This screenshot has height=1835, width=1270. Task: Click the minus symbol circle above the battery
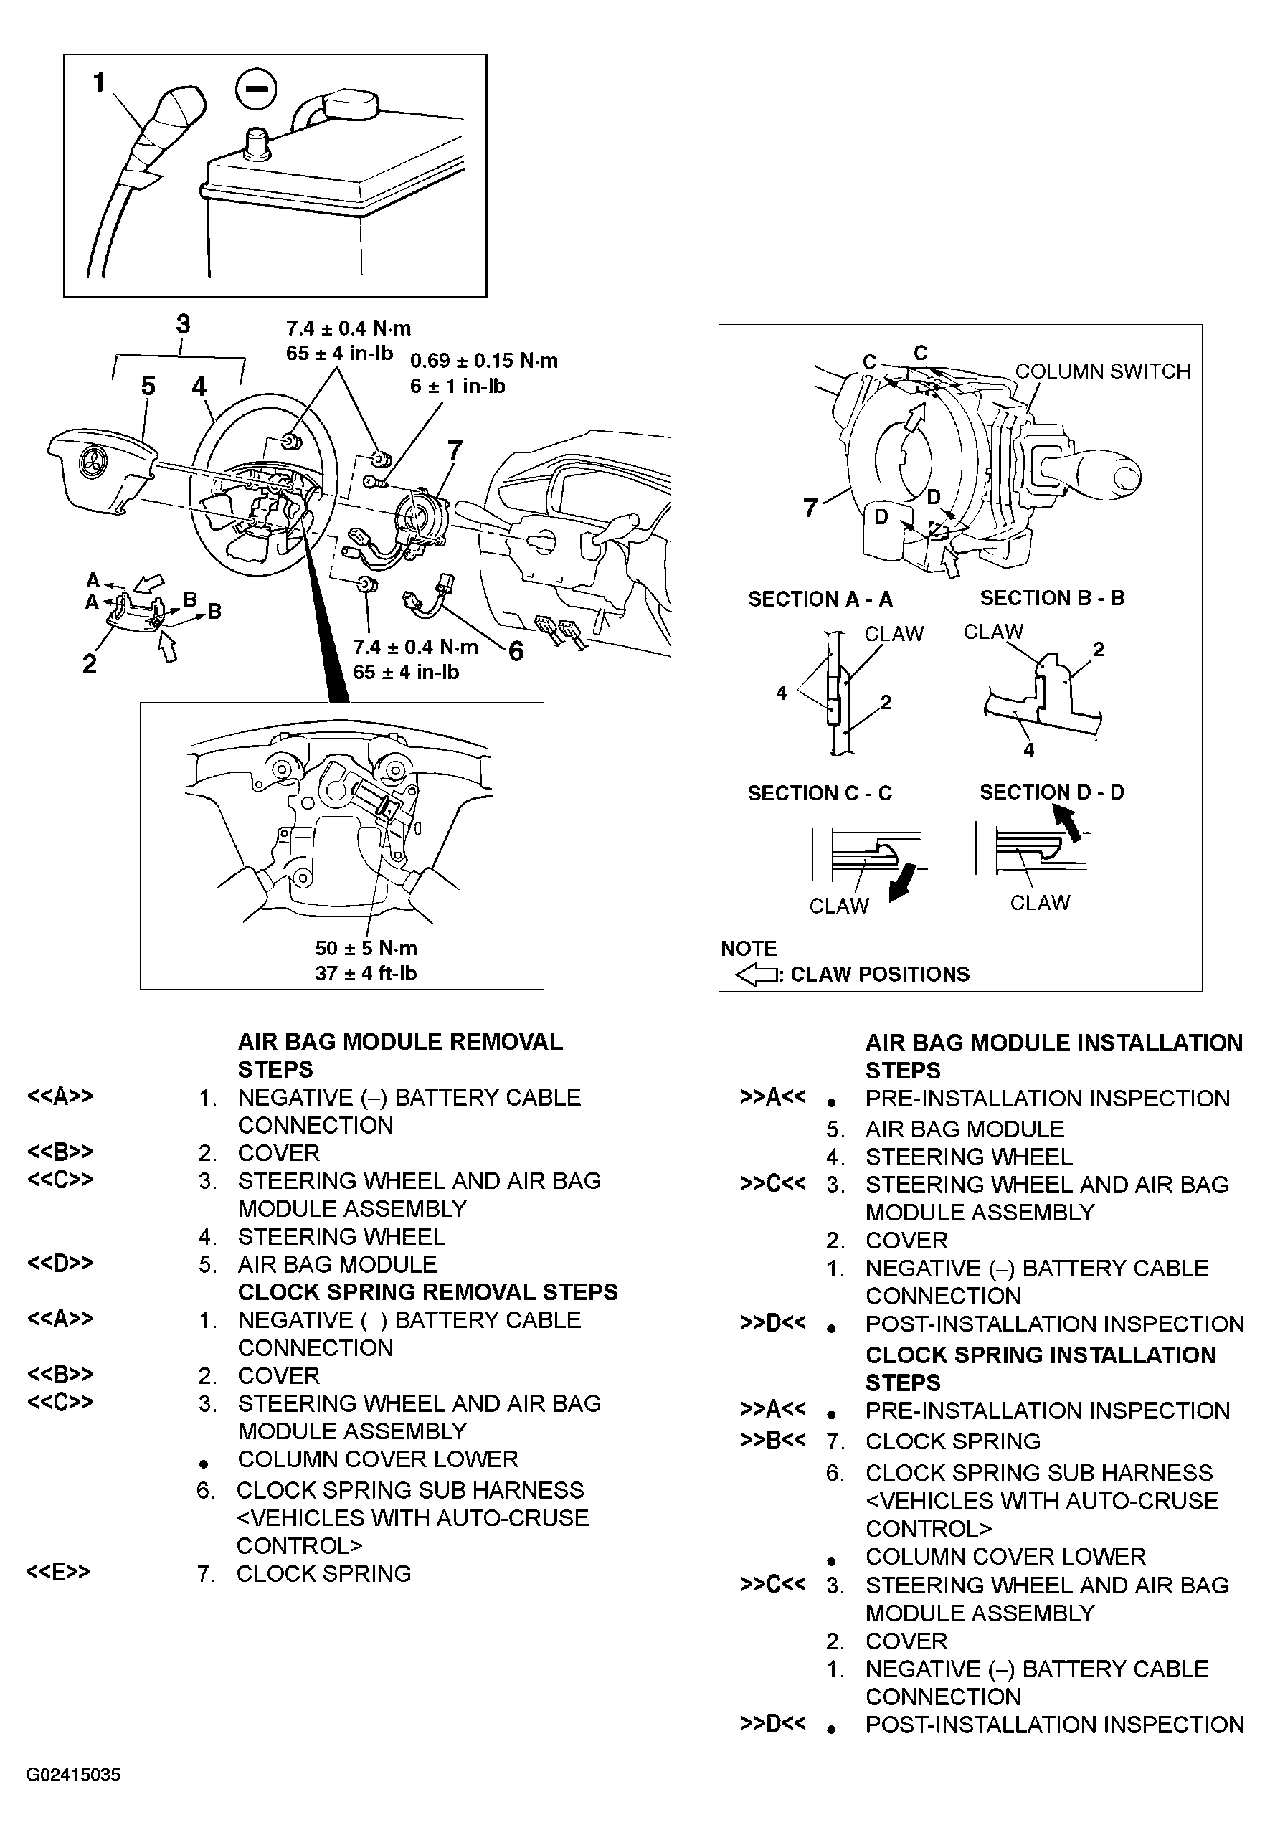(256, 90)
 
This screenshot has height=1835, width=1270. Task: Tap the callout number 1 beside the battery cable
(99, 82)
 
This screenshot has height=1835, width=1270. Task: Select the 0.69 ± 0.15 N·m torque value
(484, 361)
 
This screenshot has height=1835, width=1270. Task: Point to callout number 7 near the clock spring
(455, 450)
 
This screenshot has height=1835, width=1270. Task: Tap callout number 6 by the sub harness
(516, 652)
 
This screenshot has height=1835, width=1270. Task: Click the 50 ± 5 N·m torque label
(366, 948)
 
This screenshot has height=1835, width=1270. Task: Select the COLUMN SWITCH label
(1102, 371)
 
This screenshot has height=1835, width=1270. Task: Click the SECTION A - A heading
(820, 599)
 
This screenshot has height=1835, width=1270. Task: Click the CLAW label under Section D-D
(1039, 902)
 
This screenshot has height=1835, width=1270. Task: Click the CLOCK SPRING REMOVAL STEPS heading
(427, 1291)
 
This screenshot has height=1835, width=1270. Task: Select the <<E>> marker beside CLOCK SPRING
(58, 1573)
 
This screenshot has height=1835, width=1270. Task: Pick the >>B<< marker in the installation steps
(772, 1441)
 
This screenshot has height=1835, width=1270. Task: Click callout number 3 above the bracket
(183, 324)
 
